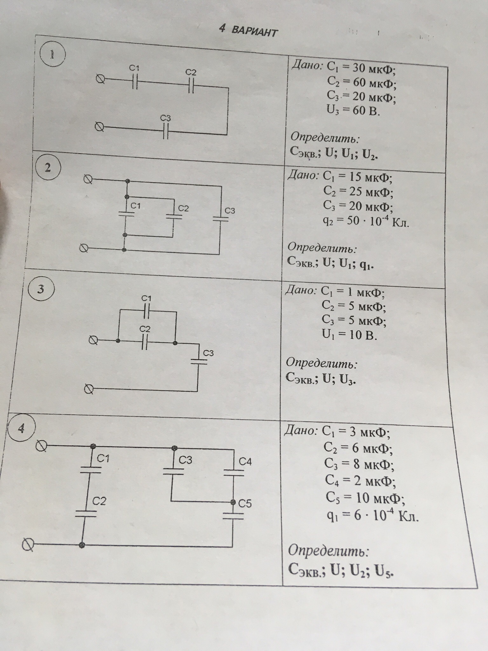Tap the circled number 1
(x=52, y=55)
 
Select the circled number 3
(x=41, y=290)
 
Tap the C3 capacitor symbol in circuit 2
(x=220, y=219)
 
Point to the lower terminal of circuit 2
(x=84, y=248)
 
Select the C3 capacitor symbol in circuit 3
(x=199, y=362)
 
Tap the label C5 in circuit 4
(x=245, y=504)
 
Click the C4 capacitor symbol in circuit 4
(x=234, y=473)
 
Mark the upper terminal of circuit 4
(x=41, y=446)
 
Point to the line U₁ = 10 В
(x=349, y=335)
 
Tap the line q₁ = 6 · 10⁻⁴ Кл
(x=373, y=517)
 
